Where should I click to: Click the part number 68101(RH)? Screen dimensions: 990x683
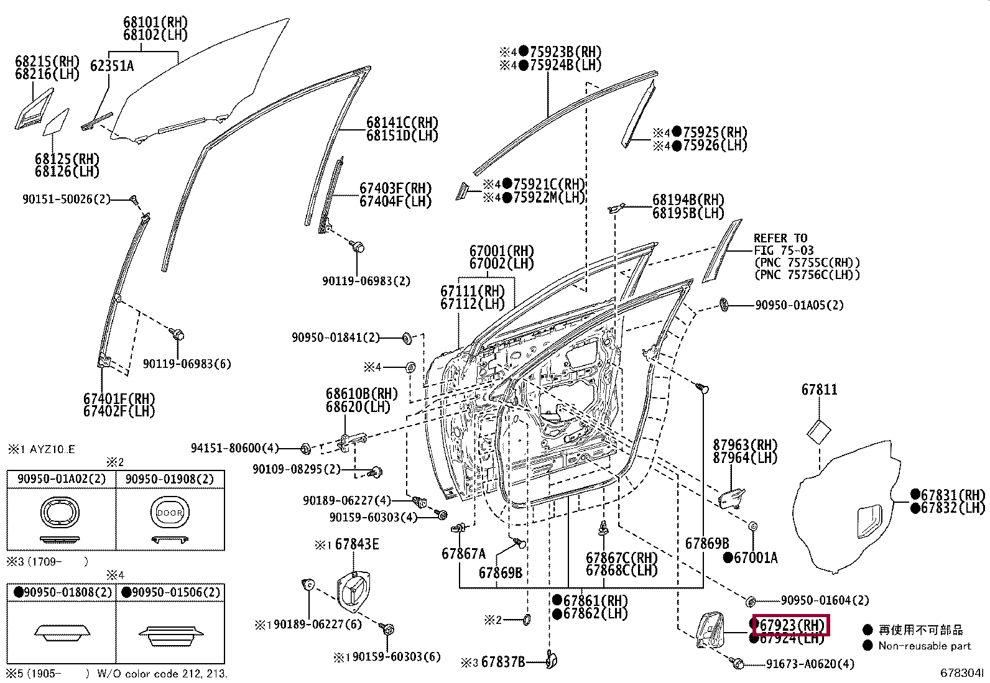click(155, 22)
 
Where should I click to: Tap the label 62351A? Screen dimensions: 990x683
click(112, 66)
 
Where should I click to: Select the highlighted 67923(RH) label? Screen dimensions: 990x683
click(791, 625)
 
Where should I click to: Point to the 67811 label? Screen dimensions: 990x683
click(820, 389)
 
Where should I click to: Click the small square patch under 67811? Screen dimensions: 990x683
click(819, 432)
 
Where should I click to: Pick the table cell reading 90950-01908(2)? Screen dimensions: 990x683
click(170, 479)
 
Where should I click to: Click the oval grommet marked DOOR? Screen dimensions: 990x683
click(170, 513)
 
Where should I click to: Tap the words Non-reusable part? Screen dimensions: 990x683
click(925, 646)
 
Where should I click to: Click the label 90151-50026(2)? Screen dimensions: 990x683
click(67, 199)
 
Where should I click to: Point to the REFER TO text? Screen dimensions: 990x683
click(780, 238)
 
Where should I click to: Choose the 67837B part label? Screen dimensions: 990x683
click(503, 662)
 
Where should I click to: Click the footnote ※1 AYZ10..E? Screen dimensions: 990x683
click(42, 449)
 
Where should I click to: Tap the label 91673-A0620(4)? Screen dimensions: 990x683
click(810, 664)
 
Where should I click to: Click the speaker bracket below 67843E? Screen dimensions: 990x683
click(354, 591)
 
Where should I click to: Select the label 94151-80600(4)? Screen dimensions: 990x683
click(234, 448)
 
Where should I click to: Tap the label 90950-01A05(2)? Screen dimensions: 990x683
click(800, 305)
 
